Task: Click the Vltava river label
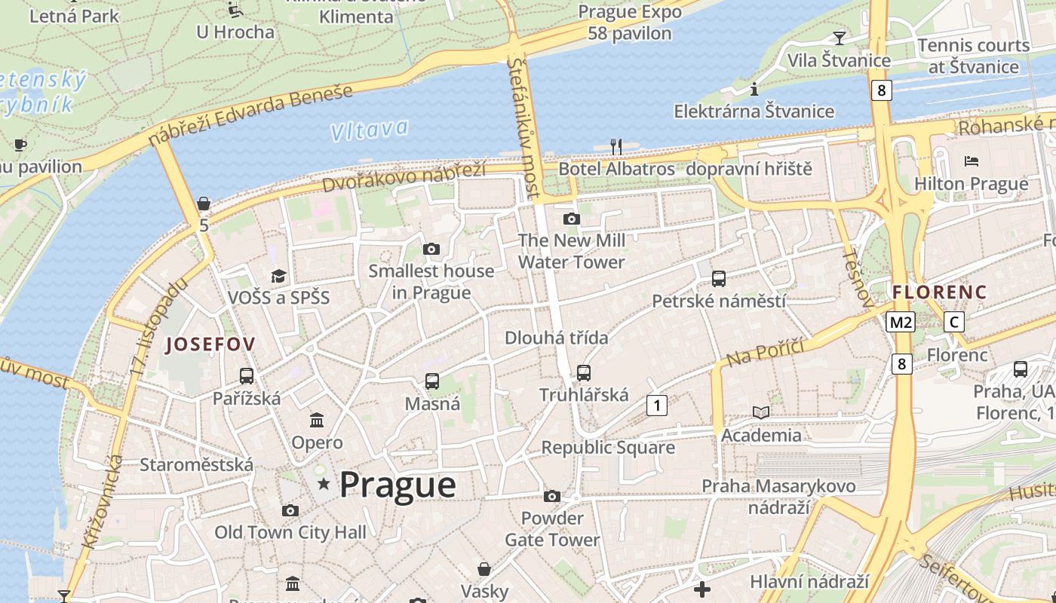pyautogui.click(x=370, y=130)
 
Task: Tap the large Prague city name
pyautogui.click(x=398, y=485)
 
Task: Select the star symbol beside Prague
pyautogui.click(x=324, y=483)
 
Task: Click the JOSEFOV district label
pyautogui.click(x=210, y=344)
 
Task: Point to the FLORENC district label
pyautogui.click(x=939, y=292)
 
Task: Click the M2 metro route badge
pyautogui.click(x=901, y=323)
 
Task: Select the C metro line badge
pyautogui.click(x=953, y=323)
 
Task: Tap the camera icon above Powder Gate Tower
pyautogui.click(x=552, y=496)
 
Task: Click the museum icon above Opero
pyautogui.click(x=317, y=420)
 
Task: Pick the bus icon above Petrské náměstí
pyautogui.click(x=719, y=279)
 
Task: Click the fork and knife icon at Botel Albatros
pyautogui.click(x=616, y=146)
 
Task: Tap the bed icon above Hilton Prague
pyautogui.click(x=972, y=161)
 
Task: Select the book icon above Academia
pyautogui.click(x=761, y=412)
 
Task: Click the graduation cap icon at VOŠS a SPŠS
pyautogui.click(x=279, y=276)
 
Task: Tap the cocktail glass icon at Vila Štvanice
pyautogui.click(x=839, y=38)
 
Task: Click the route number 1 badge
pyautogui.click(x=657, y=406)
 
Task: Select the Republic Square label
pyautogui.click(x=608, y=447)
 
